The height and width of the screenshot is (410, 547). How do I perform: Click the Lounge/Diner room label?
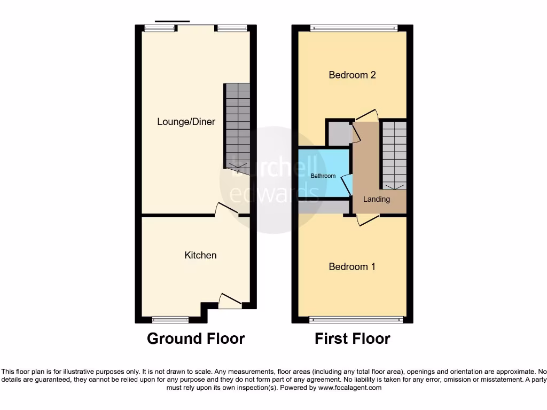(186, 122)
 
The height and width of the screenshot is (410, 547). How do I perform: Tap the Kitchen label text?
(200, 255)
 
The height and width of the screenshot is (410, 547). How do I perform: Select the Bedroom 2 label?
(352, 75)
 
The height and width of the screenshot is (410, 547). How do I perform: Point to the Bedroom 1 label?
(352, 266)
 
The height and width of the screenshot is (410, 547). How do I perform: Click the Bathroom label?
(323, 176)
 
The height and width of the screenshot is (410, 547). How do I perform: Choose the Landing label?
(377, 199)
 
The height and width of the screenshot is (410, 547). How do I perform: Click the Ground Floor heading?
(196, 338)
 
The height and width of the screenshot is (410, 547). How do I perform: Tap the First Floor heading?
(352, 338)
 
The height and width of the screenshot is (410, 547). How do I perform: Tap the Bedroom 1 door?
(368, 219)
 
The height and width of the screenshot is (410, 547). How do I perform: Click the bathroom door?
(347, 185)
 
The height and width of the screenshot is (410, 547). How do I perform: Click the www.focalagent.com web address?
(350, 388)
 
